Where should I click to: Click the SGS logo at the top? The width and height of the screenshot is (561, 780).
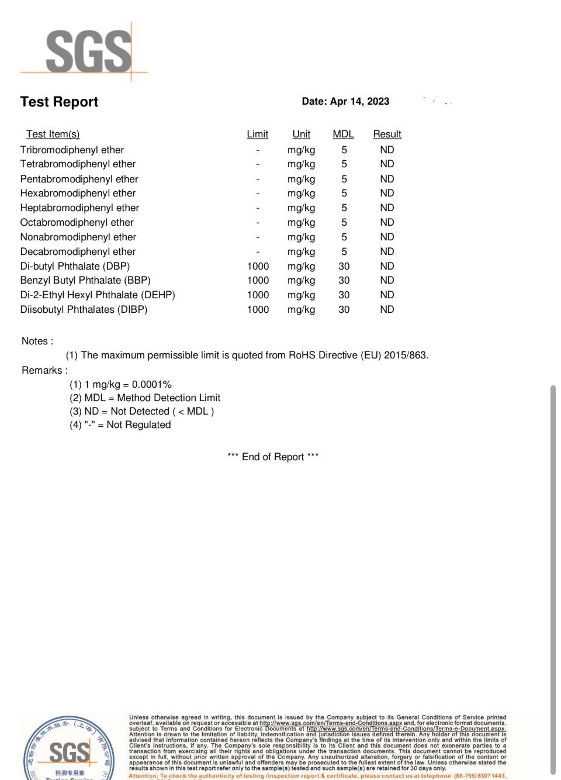(88, 51)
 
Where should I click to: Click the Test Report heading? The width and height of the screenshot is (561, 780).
(59, 102)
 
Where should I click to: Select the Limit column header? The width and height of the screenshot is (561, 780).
(257, 134)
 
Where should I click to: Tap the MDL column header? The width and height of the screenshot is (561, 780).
(343, 134)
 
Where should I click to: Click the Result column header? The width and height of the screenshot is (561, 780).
(387, 134)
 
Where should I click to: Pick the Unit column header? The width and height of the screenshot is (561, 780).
(301, 134)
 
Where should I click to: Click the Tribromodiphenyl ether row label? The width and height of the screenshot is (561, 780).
(72, 150)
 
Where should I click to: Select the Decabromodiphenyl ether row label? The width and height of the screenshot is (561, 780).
(78, 251)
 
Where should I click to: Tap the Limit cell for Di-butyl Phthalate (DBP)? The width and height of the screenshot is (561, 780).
(258, 266)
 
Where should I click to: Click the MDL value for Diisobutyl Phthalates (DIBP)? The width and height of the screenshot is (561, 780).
(344, 309)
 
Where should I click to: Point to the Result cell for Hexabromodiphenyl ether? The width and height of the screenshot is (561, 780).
(387, 193)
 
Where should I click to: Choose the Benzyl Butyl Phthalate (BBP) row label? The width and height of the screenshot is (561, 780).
(85, 280)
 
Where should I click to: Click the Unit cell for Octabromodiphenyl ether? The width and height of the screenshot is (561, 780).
(301, 222)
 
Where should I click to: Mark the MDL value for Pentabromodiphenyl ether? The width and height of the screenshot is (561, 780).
(344, 179)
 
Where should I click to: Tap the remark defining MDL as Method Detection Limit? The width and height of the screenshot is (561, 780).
(145, 398)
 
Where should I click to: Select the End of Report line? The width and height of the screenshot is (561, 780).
(273, 457)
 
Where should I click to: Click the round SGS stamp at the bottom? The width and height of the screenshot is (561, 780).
(69, 751)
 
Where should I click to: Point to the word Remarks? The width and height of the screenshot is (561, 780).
(44, 370)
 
